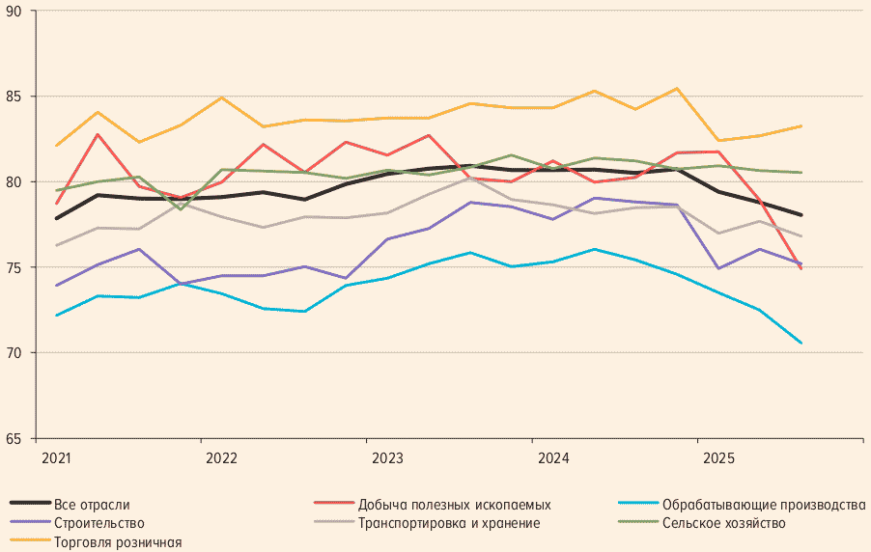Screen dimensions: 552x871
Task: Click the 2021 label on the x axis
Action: [x=57, y=455]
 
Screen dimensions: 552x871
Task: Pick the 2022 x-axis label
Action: [x=222, y=455]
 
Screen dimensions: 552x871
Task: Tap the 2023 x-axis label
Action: [x=387, y=455]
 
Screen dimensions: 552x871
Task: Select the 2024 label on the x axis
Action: [x=553, y=455]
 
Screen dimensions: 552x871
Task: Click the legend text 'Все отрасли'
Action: [x=92, y=504]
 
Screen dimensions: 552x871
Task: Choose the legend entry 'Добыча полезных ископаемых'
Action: [x=454, y=504]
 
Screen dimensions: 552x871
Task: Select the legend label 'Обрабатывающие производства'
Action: [x=763, y=504]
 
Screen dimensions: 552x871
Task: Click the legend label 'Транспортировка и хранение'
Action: [x=449, y=523]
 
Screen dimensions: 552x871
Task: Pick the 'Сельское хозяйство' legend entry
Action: [x=723, y=523]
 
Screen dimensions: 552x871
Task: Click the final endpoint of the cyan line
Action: [x=801, y=343]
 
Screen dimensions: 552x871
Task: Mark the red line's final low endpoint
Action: [x=801, y=269]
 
